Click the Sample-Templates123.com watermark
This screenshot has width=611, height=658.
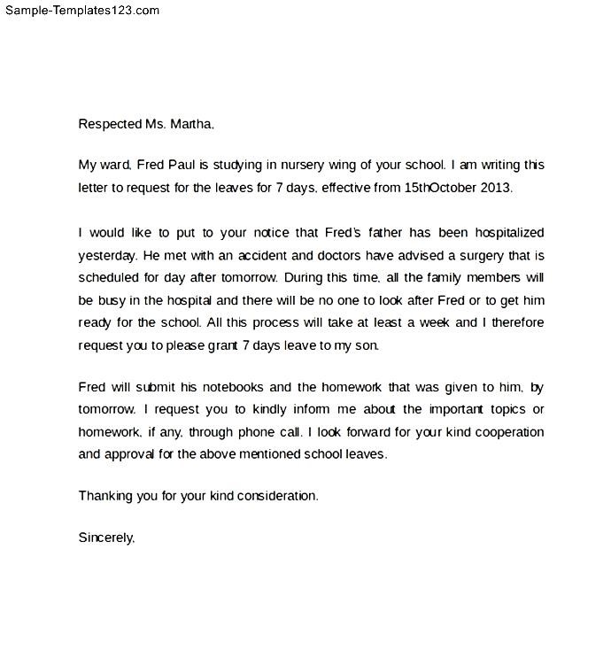81,11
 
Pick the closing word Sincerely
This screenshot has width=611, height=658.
106,538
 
